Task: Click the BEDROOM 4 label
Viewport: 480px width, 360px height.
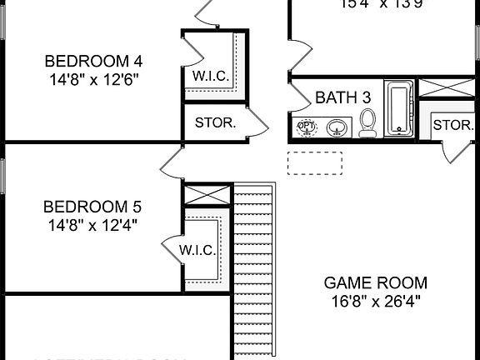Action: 92,61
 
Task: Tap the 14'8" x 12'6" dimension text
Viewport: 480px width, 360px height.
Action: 92,80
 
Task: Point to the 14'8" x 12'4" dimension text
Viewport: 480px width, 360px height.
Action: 92,224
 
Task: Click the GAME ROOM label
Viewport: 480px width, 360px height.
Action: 375,282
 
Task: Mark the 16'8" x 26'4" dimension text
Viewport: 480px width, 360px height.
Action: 375,300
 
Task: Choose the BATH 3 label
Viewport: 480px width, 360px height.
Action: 342,97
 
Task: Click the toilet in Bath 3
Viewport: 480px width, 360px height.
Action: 368,123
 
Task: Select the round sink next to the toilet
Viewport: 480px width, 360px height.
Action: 337,127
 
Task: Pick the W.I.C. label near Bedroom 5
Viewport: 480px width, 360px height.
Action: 197,250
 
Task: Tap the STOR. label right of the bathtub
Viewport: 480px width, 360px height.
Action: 452,126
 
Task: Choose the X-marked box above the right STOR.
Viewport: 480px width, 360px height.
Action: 438,88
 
